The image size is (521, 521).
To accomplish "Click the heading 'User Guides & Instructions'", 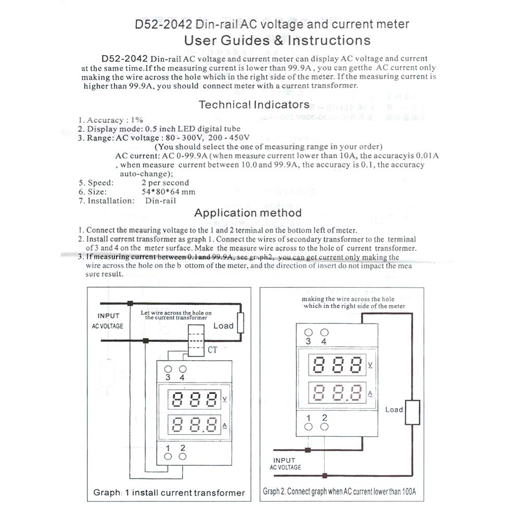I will pos(277,41).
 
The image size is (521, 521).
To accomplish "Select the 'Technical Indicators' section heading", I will pos(254,105).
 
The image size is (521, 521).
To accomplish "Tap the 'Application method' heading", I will pos(248,212).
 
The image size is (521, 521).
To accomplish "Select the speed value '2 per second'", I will pos(165,183).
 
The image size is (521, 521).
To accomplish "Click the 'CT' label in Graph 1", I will pos(212,350).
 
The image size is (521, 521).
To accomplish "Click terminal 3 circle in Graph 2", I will pos(309,332).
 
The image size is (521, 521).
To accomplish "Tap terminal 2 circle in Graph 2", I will pos(324,427).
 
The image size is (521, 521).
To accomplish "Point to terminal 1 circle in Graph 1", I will pos(168,456).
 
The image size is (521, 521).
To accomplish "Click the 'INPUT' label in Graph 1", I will pos(108,316).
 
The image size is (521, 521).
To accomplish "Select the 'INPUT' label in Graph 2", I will pos(284,460).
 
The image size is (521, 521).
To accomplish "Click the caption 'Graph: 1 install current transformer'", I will pos(169,492).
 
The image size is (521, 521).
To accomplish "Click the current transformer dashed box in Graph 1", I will pos(196,340).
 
